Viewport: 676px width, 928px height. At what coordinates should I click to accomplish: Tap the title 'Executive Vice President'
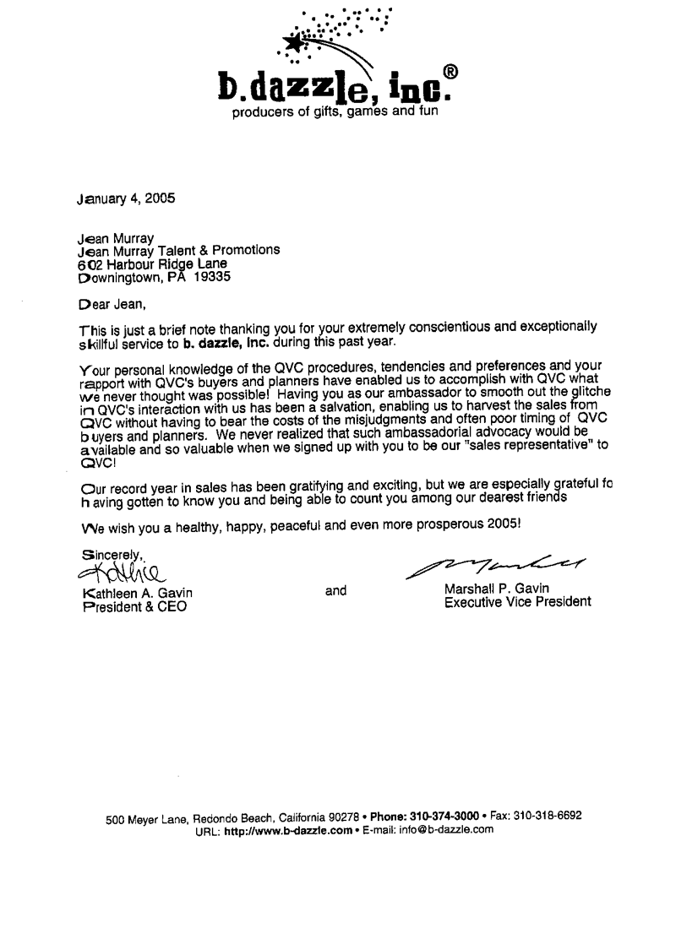[517, 603]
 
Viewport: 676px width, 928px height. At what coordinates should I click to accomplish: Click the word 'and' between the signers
[336, 591]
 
